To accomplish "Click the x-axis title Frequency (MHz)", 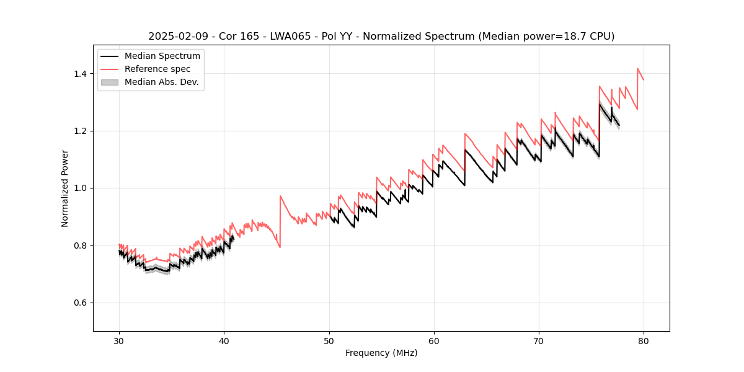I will [381, 353].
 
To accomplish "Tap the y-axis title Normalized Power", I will [65, 188].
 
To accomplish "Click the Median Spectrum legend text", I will [162, 56].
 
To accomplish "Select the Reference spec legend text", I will [157, 69].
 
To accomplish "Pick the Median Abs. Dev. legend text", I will [161, 82].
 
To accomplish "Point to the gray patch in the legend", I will [109, 82].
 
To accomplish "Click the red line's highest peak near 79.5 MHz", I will [637, 69].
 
